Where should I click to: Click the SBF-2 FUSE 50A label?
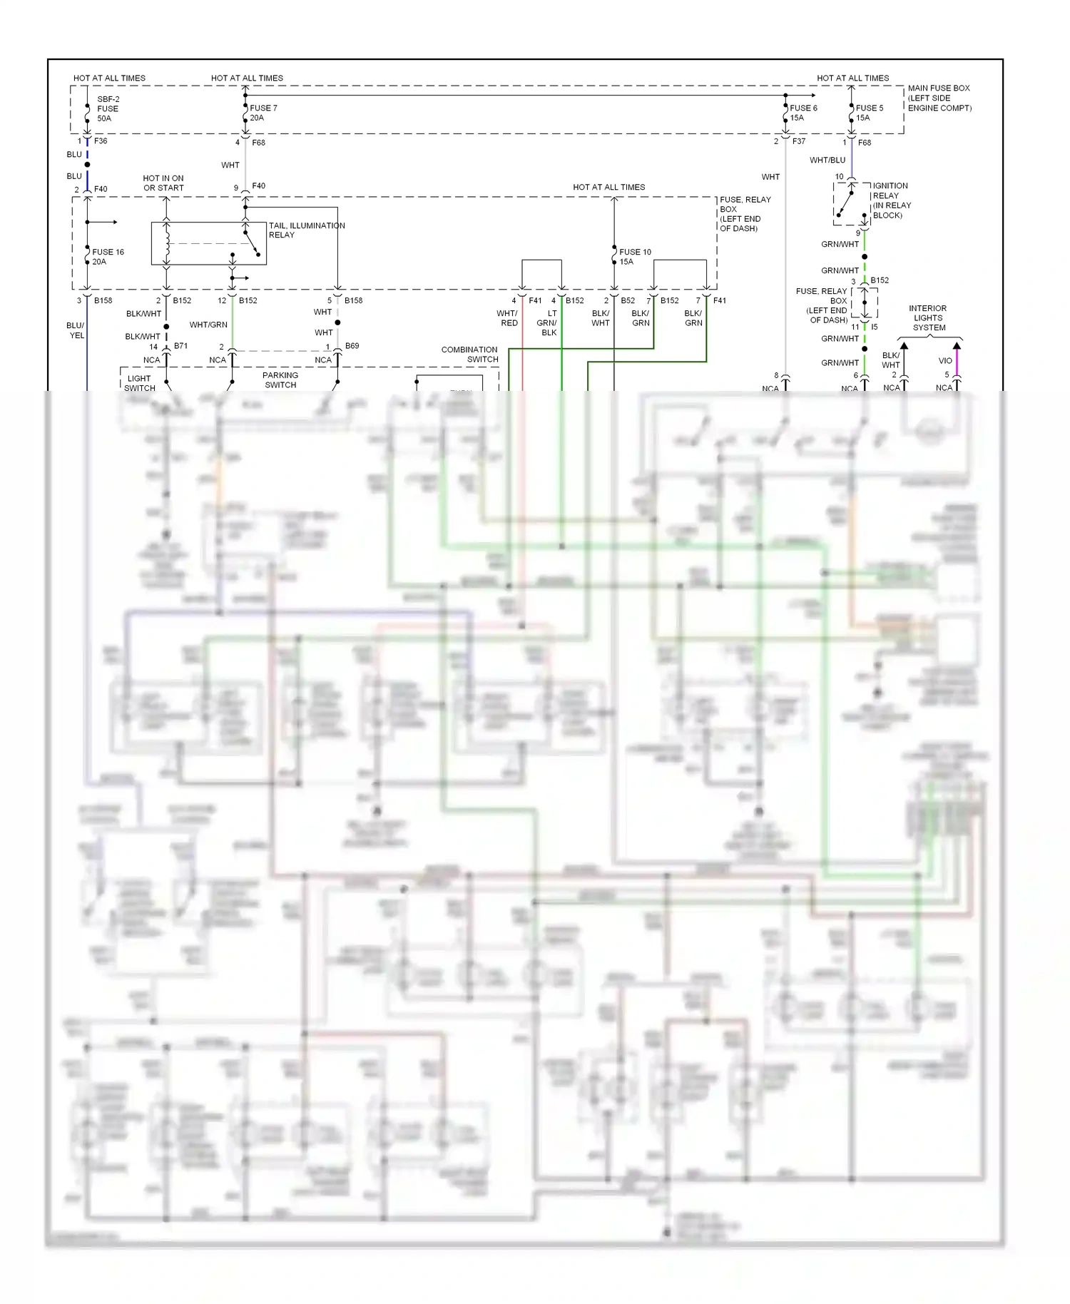[x=108, y=109]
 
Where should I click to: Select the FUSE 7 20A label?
[x=263, y=113]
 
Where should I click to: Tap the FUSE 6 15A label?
[x=803, y=113]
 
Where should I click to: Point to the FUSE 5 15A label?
[x=869, y=113]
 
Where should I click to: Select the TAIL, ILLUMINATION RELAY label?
[x=306, y=230]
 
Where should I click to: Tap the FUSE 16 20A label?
[x=108, y=257]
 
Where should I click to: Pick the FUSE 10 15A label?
[x=635, y=257]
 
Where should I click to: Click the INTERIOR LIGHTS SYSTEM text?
[x=928, y=318]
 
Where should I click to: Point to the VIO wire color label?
[x=945, y=361]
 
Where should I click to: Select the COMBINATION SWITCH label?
[x=469, y=355]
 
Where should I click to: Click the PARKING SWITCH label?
[x=280, y=380]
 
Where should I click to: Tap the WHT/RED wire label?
[x=507, y=318]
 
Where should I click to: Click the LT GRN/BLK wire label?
[x=547, y=323]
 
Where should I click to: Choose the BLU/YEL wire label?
[x=76, y=330]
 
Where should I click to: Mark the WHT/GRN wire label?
[x=208, y=325]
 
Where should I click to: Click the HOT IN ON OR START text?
[x=163, y=183]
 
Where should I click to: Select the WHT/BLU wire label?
[x=827, y=161]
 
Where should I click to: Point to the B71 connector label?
[x=180, y=346]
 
